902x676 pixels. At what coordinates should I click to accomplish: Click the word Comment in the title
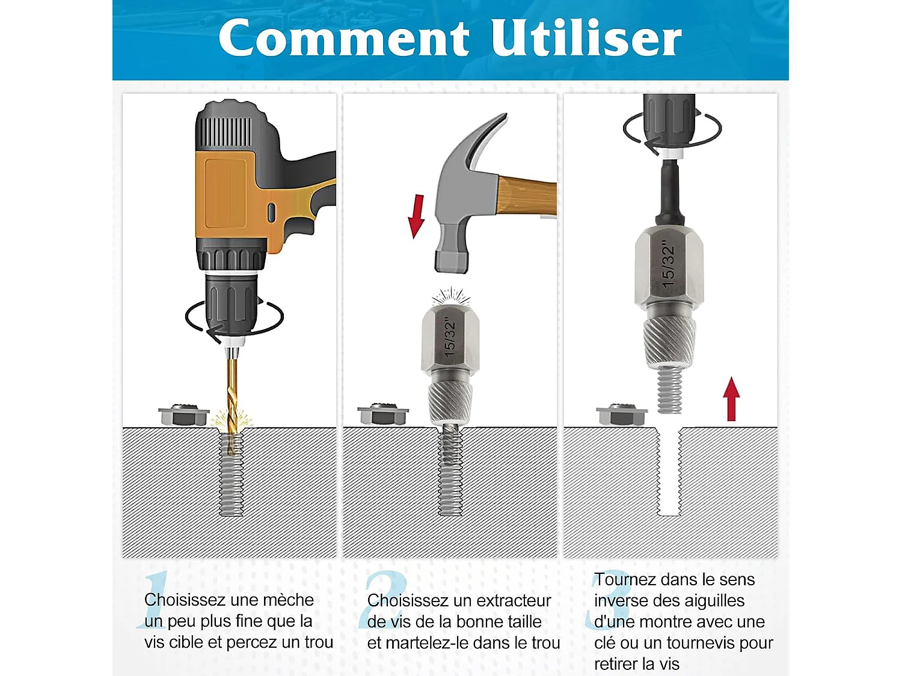(343, 38)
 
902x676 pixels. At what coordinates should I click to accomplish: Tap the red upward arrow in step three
(731, 399)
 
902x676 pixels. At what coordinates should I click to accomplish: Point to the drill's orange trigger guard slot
(271, 212)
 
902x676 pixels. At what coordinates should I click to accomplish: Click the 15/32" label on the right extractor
(668, 264)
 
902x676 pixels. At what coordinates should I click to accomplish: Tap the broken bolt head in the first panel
(184, 415)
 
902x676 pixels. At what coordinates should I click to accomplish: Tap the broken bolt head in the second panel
(383, 414)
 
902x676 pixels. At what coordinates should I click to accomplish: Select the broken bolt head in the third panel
(621, 415)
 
